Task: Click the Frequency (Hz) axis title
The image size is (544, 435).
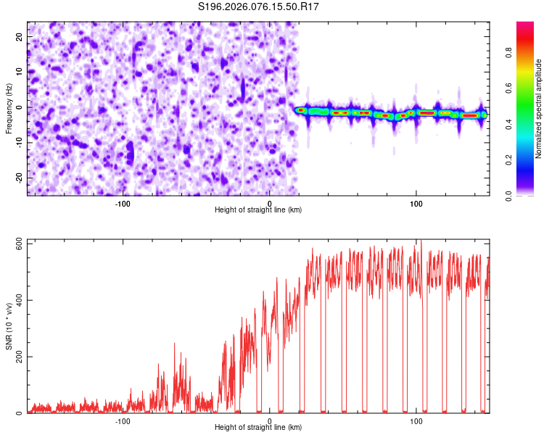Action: (x=9, y=109)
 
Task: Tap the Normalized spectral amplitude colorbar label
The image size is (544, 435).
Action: (x=539, y=109)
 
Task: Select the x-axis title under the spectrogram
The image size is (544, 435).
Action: (x=258, y=210)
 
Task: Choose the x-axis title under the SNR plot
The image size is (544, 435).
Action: (x=258, y=427)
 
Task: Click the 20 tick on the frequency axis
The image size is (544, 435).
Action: (x=20, y=36)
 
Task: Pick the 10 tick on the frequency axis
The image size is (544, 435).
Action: (x=20, y=71)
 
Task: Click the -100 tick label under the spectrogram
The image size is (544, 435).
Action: (x=123, y=203)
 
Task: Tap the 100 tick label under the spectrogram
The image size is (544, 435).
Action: (x=416, y=203)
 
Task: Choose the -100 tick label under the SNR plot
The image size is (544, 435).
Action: (x=123, y=420)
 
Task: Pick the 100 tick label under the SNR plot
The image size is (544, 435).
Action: (x=416, y=420)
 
